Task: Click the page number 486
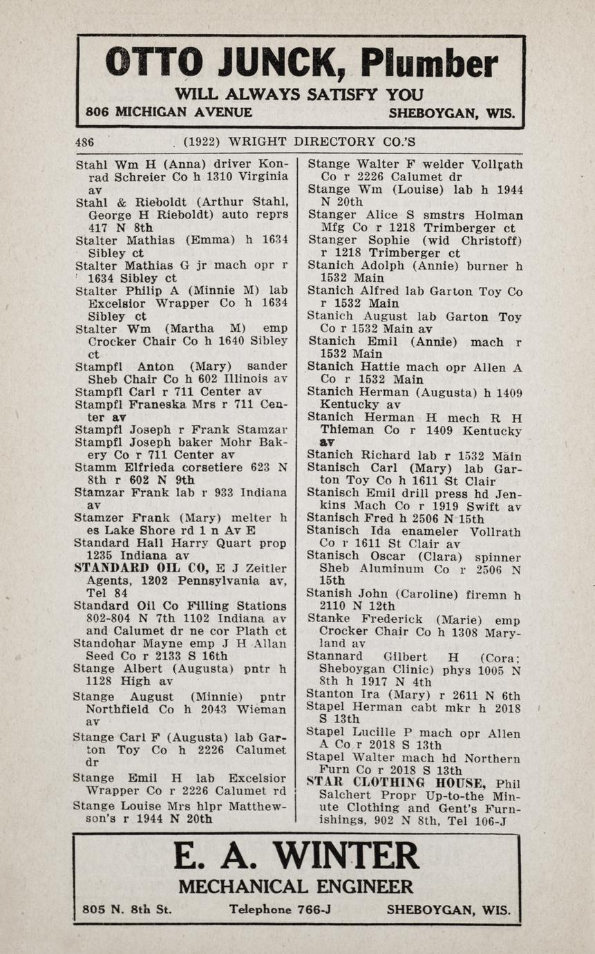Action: point(84,142)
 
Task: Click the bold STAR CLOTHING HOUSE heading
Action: point(397,783)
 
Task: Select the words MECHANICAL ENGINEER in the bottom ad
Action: point(296,887)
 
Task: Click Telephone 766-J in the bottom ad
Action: point(280,910)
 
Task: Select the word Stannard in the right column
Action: point(334,657)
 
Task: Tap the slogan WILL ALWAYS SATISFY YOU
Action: point(299,94)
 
